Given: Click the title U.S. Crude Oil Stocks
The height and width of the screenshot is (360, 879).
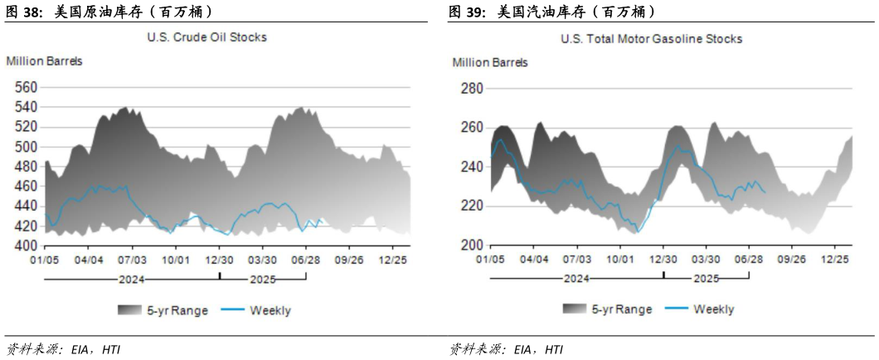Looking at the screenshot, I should click(206, 37).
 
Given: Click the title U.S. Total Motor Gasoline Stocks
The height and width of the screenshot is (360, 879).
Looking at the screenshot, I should click(651, 39).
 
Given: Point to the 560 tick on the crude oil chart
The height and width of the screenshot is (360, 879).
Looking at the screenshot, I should click(27, 87).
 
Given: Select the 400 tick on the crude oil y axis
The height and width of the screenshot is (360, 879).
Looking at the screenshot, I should click(27, 246).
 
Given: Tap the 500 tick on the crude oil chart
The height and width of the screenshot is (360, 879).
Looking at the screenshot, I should click(27, 147).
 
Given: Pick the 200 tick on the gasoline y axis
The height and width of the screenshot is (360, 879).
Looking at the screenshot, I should click(470, 246).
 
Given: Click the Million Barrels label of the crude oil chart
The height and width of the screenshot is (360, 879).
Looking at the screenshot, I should click(44, 61).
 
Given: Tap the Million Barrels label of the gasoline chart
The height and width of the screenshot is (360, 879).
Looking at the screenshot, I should click(490, 62).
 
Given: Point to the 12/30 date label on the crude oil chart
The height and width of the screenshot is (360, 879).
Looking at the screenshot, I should click(220, 260).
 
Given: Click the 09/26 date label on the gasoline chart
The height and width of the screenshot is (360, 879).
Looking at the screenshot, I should click(791, 260).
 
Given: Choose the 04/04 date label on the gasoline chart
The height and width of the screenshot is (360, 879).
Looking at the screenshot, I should click(534, 260).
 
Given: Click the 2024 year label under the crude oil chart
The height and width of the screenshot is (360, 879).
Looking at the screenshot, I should click(132, 277).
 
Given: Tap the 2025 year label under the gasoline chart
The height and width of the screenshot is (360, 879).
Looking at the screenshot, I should click(707, 277).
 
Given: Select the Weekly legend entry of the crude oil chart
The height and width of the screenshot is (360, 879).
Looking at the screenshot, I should click(270, 311).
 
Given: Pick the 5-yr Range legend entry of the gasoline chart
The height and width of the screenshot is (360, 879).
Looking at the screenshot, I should click(622, 309).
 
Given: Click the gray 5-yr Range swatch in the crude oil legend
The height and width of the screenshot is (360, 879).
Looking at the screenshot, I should click(130, 311).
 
